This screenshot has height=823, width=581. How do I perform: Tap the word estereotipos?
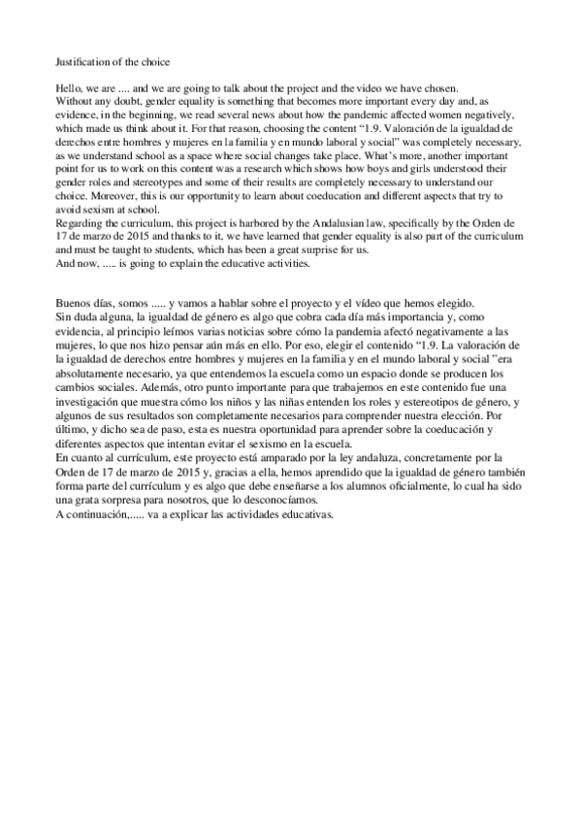click(x=428, y=401)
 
